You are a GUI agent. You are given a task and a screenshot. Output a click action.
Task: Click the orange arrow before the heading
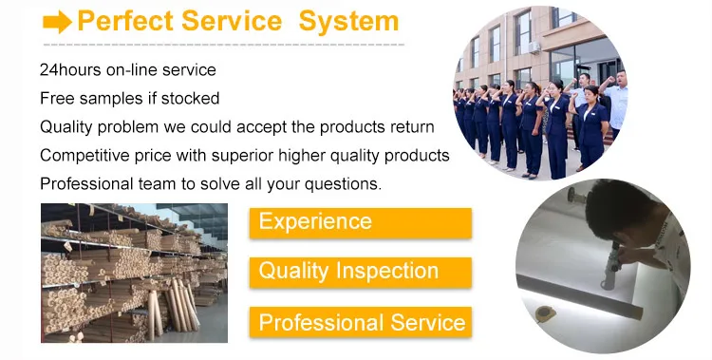[x=57, y=22]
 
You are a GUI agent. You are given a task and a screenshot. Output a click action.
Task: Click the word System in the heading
[x=348, y=22]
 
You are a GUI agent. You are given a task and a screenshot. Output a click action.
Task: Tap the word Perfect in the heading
[x=125, y=21]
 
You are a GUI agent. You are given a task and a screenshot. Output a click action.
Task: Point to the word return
[x=412, y=127]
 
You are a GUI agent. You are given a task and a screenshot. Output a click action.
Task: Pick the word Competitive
[x=84, y=156]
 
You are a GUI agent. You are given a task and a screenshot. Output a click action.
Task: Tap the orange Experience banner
[x=361, y=222]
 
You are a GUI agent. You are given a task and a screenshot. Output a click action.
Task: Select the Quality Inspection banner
[x=361, y=272]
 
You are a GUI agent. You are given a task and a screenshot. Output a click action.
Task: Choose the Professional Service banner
[x=361, y=322]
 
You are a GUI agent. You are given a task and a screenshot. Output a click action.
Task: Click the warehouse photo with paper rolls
[x=135, y=273]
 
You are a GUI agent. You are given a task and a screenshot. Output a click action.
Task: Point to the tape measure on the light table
[x=544, y=313]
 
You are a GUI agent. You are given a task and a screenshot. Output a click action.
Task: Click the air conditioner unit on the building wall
[x=534, y=47]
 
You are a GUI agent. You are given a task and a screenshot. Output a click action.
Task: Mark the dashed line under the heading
[x=223, y=45]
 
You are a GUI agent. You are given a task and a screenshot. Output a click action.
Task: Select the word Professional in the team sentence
[x=84, y=184]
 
